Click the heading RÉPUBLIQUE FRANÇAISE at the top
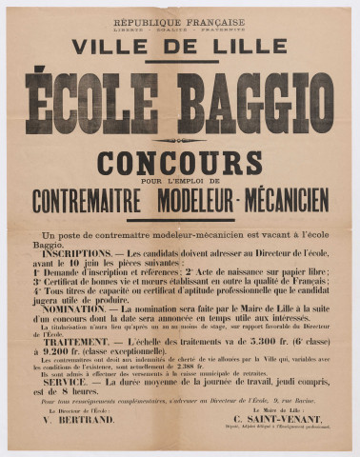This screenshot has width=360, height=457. (x=179, y=21)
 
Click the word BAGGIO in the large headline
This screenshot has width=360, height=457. (x=255, y=103)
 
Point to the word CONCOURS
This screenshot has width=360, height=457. (x=179, y=162)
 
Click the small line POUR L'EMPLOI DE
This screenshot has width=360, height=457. (x=180, y=181)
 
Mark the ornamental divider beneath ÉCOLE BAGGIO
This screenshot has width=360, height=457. (x=180, y=140)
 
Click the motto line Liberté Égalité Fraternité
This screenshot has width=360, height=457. (x=179, y=30)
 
